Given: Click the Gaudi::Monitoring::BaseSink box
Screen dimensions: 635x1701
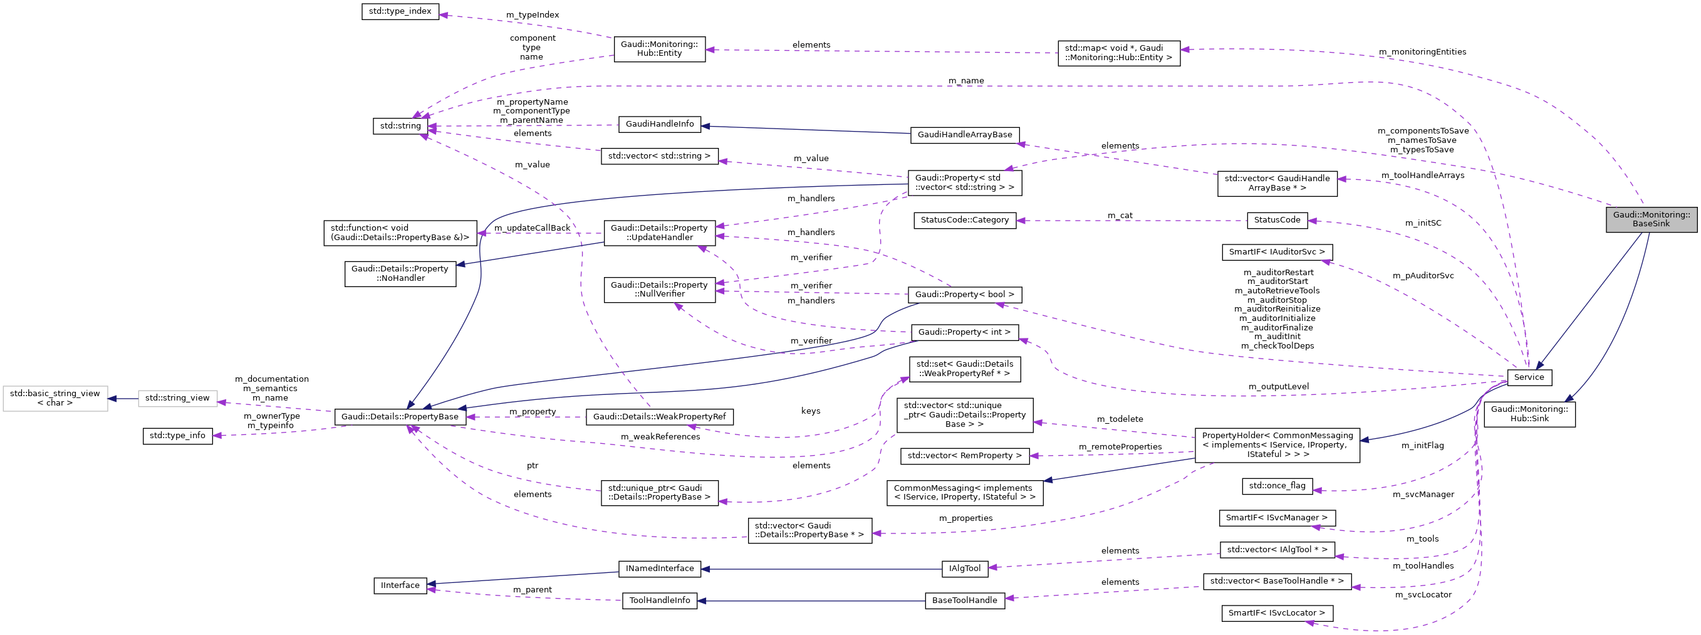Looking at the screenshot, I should [x=1651, y=219].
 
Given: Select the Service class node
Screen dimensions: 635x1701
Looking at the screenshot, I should [x=1529, y=377].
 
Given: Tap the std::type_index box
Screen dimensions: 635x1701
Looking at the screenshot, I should [x=400, y=11].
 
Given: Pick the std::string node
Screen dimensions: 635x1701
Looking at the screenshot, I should [x=400, y=125].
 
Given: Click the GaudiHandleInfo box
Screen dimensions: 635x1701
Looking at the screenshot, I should [x=659, y=123].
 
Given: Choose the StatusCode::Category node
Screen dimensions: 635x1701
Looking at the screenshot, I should [x=964, y=220].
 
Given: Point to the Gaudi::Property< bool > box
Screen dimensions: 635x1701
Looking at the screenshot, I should [x=964, y=294].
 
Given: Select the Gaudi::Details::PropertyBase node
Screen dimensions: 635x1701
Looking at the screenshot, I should [x=400, y=417].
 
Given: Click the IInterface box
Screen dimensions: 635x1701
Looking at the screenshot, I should [x=400, y=585].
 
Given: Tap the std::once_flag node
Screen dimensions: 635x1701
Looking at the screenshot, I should [x=1277, y=486].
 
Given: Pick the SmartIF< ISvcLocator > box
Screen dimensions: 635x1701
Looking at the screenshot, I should [x=1276, y=613].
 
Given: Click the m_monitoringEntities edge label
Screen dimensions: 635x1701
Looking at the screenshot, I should [x=1422, y=52].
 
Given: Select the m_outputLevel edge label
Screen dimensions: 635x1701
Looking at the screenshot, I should [x=1277, y=387].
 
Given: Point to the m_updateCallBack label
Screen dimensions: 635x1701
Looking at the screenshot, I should [x=531, y=228].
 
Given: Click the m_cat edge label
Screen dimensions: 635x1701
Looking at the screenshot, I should [x=1120, y=216].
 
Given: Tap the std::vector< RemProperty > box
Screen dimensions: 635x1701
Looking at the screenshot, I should [x=964, y=456].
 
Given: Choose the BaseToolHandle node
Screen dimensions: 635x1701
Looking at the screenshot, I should [x=964, y=601].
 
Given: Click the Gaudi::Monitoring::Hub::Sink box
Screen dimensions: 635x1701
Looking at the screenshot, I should [x=1529, y=414].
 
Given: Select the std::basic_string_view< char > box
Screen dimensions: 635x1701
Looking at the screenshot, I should [x=55, y=398].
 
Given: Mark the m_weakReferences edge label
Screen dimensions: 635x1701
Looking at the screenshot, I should [x=660, y=437].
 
